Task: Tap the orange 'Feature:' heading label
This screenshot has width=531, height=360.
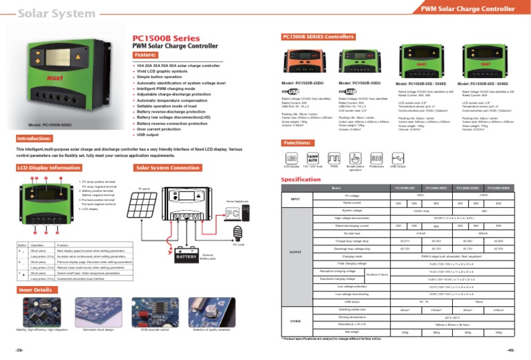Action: click(145, 55)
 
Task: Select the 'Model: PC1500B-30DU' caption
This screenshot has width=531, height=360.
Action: click(360, 82)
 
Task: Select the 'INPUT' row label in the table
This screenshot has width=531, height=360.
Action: click(295, 200)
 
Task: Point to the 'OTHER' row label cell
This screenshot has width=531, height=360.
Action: click(295, 322)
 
